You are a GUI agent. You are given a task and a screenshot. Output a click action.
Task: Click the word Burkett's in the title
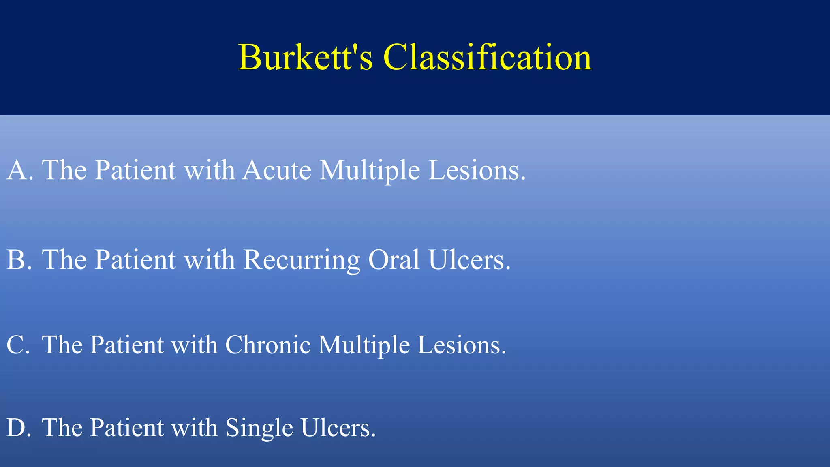[305, 58]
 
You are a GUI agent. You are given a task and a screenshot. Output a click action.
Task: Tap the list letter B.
[17, 260]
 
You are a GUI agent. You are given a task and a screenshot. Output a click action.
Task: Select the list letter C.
[17, 345]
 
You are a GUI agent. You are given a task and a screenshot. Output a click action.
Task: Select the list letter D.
[17, 428]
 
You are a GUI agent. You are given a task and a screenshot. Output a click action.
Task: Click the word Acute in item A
[277, 170]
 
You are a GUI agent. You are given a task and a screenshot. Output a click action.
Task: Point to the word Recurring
[302, 260]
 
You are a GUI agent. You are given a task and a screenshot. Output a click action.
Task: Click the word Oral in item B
[394, 260]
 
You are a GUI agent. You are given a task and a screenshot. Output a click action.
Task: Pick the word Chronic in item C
[267, 345]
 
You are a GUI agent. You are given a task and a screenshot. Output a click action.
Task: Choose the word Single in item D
[259, 428]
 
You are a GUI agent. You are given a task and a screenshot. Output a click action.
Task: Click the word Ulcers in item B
[469, 260]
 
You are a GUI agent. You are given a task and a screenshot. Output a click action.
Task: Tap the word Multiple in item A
[369, 170]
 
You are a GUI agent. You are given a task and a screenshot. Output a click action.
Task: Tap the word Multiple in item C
[364, 345]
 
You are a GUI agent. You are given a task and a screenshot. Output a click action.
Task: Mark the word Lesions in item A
[477, 170]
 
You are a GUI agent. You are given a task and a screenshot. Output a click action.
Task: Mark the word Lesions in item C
[462, 345]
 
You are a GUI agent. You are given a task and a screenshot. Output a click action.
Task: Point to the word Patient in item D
[126, 428]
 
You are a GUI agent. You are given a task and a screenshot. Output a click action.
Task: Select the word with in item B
[209, 260]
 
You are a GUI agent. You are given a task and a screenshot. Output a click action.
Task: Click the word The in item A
[64, 170]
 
